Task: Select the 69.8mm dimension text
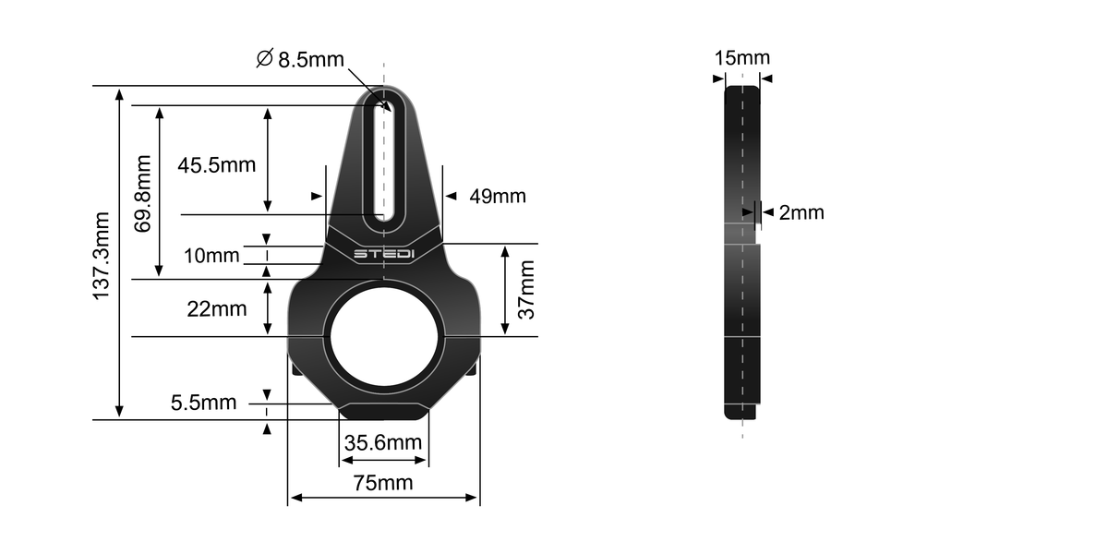tap(143, 193)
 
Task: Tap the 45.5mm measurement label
tap(216, 165)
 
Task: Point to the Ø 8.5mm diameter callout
tap(299, 60)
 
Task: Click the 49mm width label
tap(498, 196)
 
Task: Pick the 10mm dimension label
tap(211, 255)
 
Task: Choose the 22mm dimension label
tap(217, 308)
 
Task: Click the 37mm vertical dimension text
tap(526, 289)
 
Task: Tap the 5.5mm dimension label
tap(203, 403)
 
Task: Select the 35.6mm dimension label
tap(382, 442)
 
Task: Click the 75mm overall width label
tap(382, 482)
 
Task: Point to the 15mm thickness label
tap(741, 58)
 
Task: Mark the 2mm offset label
tap(801, 213)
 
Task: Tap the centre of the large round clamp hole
tap(384, 336)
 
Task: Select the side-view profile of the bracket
tap(741, 249)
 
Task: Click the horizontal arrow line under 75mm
tap(382, 499)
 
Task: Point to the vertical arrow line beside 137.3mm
tap(118, 254)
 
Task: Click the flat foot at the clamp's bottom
tap(384, 411)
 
